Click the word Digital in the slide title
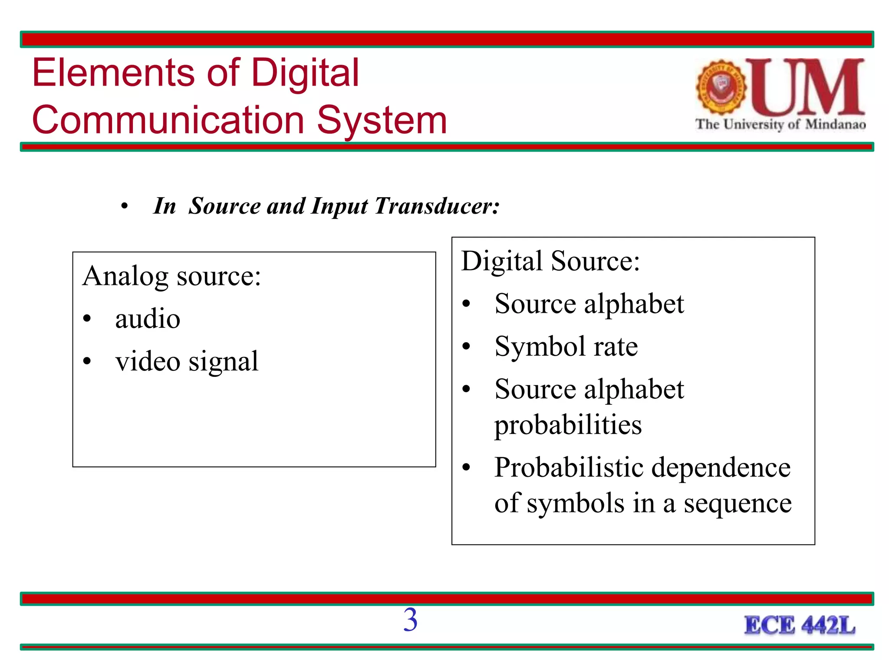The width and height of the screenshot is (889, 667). click(x=305, y=73)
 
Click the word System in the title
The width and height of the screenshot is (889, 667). click(x=382, y=120)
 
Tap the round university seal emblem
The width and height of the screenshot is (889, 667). click(x=721, y=87)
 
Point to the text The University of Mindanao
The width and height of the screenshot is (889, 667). click(x=780, y=125)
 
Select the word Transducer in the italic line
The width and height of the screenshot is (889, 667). click(x=437, y=206)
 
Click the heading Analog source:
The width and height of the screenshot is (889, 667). click(x=172, y=276)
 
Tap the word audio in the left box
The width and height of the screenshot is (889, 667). click(x=148, y=319)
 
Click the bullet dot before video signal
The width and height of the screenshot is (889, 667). click(x=87, y=361)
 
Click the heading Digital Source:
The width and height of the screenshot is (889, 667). click(x=550, y=261)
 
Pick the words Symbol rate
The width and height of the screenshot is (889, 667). click(x=566, y=347)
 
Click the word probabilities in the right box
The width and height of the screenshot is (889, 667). click(x=568, y=425)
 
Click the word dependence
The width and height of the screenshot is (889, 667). click(x=721, y=468)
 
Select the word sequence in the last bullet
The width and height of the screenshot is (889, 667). click(x=738, y=503)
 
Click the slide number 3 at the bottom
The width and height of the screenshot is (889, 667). click(x=410, y=620)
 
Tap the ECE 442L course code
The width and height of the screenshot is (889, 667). click(x=800, y=626)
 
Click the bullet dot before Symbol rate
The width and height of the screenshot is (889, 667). click(x=466, y=347)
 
